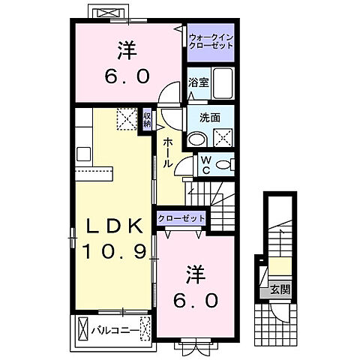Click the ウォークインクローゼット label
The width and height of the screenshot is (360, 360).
tap(211, 40)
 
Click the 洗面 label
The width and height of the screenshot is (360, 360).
tap(209, 118)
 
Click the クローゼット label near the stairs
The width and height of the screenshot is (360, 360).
tap(181, 218)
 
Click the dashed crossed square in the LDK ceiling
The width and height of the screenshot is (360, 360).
tap(127, 118)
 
